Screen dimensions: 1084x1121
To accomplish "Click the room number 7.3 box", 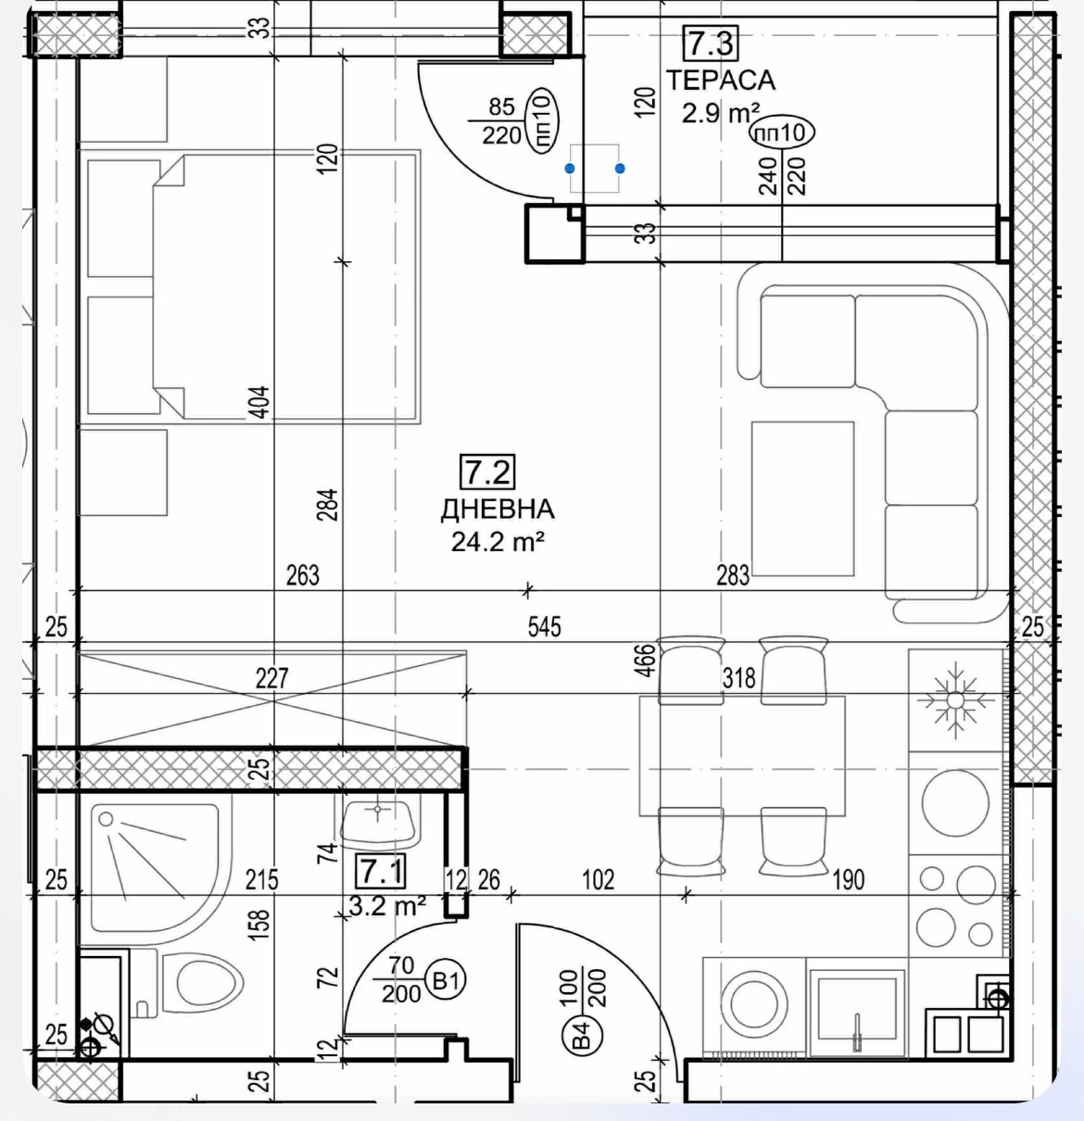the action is point(712,43).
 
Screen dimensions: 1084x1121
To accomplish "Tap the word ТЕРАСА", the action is point(721,80).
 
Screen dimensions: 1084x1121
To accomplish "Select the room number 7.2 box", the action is point(487,472).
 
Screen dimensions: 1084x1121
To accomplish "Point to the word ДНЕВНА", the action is point(498,509).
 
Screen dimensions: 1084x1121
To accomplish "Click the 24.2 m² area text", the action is point(498,541).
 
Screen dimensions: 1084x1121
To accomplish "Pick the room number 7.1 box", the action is point(382,871).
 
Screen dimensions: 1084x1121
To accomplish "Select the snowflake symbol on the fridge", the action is point(955,699).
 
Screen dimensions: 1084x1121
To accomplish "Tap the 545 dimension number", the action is point(544,626).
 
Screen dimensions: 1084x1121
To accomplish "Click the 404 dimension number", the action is point(260,402).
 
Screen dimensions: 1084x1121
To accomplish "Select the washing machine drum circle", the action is point(754,1003).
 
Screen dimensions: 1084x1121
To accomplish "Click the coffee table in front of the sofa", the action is point(803,498).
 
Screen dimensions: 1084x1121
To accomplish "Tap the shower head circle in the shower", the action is point(106,818).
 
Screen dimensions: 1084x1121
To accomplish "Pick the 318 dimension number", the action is point(739,677).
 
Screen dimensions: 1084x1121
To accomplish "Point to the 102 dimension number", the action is point(598,879).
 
